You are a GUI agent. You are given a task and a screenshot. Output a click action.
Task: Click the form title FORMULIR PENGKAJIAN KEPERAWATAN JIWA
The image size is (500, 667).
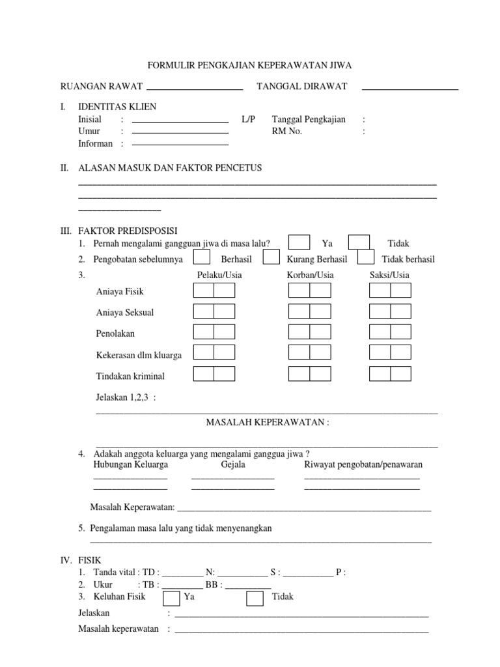coord(249,66)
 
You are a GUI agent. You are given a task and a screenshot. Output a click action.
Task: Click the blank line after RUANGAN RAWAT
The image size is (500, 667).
coord(195,88)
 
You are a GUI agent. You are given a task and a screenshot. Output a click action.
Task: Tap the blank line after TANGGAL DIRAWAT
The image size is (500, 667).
coord(410,88)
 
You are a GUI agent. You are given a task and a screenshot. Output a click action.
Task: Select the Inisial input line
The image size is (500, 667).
coord(180,121)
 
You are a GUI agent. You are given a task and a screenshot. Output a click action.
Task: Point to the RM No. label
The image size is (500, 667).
coord(287,132)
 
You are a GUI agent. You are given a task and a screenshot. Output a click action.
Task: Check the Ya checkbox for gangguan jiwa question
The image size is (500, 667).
coord(299,242)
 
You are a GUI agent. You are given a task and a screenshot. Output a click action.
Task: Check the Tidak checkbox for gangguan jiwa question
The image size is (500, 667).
coord(359,242)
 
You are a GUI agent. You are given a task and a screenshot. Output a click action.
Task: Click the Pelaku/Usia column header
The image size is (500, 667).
coord(219,276)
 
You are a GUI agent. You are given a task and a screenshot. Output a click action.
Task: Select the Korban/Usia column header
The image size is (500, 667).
coord(311,276)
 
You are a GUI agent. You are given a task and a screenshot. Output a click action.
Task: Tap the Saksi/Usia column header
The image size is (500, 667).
coord(389,276)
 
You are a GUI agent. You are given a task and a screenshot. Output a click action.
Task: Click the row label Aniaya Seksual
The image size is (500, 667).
coord(125,313)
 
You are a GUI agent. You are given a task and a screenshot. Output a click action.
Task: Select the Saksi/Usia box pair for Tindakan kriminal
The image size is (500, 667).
coord(390,374)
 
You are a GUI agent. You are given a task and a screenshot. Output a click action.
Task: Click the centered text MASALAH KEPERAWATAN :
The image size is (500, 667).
coord(268,423)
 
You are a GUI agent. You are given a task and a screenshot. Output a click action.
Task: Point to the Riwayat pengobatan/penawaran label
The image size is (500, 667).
coord(363,465)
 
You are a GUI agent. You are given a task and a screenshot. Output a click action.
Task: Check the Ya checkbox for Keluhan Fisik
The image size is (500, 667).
coord(171,597)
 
